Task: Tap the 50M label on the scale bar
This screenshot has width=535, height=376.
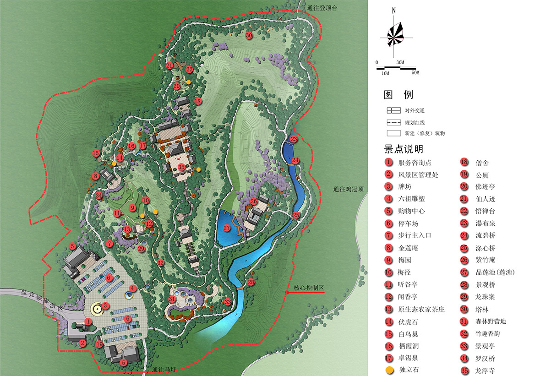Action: point(415,73)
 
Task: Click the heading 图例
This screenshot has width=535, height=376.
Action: point(399,95)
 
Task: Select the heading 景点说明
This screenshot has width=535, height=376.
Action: point(403,149)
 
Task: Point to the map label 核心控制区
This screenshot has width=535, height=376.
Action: point(309,288)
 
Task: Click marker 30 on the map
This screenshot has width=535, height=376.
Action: point(249,36)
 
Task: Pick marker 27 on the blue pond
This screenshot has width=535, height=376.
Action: point(227,228)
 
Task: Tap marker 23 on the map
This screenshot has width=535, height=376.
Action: point(294,139)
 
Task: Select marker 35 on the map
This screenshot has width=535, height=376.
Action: point(181,168)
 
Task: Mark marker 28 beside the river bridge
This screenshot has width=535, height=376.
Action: point(251,282)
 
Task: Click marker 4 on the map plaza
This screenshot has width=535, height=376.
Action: point(132,289)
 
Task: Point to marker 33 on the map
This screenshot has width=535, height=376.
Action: point(228,302)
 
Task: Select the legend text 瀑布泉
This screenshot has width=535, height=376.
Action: point(485,223)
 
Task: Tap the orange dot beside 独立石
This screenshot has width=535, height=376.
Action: point(389,370)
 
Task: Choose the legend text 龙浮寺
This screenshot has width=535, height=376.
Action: point(485,371)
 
